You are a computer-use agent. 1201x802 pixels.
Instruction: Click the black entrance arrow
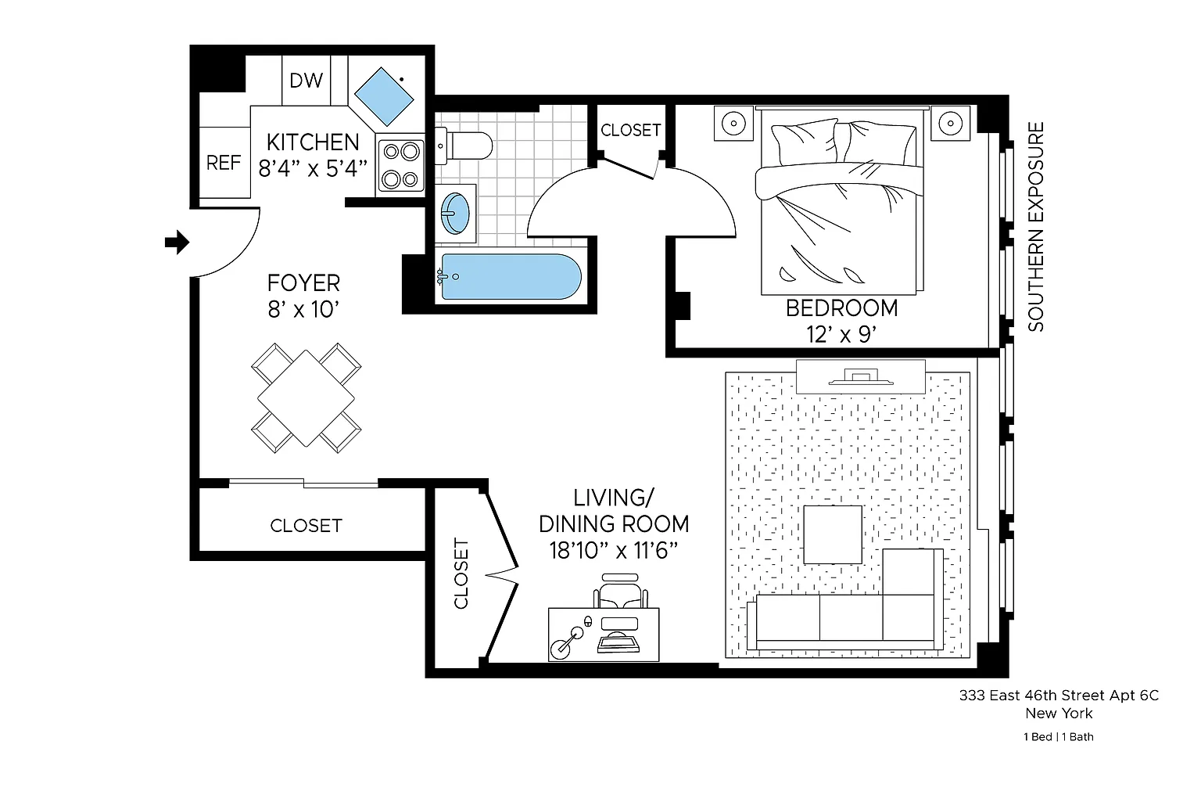(x=177, y=242)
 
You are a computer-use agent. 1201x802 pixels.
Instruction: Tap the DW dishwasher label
(x=307, y=81)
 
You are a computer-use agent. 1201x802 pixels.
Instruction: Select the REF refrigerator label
(x=224, y=163)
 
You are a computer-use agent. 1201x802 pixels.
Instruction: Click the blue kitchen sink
(x=384, y=96)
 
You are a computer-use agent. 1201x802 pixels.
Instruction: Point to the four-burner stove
(x=401, y=166)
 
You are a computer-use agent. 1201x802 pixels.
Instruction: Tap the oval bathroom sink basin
(x=455, y=214)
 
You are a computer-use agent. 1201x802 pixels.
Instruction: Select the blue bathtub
(x=511, y=277)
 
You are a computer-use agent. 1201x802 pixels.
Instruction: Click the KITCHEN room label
(x=313, y=142)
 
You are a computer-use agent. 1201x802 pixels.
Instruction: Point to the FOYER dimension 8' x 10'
(x=304, y=310)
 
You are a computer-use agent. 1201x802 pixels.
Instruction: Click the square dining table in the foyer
(x=306, y=398)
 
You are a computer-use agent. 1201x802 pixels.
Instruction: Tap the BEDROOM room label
(x=842, y=308)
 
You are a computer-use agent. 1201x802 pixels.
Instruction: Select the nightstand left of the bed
(x=733, y=124)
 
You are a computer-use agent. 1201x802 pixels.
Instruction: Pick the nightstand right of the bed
(x=951, y=124)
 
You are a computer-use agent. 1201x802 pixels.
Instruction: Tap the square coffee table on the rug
(x=833, y=534)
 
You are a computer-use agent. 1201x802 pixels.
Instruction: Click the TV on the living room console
(x=861, y=376)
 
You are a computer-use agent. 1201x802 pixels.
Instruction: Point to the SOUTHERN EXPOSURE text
(x=1036, y=227)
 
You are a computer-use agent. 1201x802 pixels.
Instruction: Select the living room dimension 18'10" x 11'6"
(x=614, y=550)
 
